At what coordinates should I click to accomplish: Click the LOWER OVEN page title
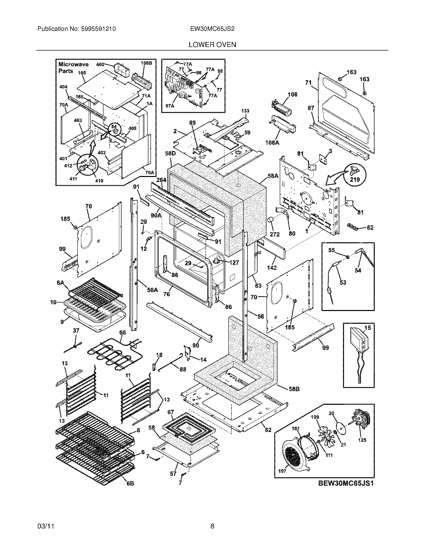[x=212, y=44]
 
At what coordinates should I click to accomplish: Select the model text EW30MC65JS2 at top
[x=212, y=29]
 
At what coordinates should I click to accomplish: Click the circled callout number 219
[x=355, y=179]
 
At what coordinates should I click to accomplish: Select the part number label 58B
[x=294, y=389]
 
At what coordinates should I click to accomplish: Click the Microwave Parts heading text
[x=73, y=67]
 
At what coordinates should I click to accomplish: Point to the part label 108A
[x=272, y=143]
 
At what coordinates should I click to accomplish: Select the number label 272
[x=274, y=234]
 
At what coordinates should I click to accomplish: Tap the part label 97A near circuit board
[x=170, y=106]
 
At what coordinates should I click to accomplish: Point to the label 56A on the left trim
[x=152, y=290]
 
